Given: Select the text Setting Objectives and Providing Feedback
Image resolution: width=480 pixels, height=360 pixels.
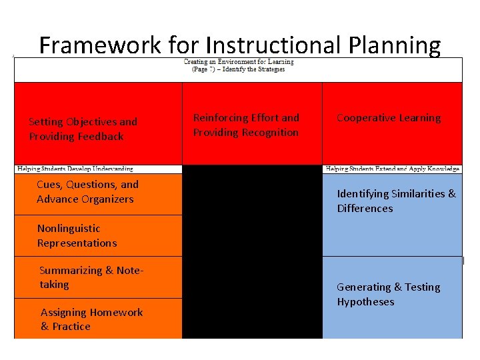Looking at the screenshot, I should pyautogui.click(x=83, y=129).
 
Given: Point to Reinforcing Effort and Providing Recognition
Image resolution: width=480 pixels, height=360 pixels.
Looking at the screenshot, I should pyautogui.click(x=246, y=125).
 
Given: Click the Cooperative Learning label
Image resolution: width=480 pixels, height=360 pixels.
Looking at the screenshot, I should pyautogui.click(x=389, y=118).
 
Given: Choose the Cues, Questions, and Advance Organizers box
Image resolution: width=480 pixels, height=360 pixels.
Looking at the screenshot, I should pyautogui.click(x=87, y=192).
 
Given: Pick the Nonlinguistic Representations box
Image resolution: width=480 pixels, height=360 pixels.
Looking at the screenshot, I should pyautogui.click(x=77, y=236).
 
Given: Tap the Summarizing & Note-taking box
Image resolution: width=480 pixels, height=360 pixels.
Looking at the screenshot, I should pyautogui.click(x=91, y=277).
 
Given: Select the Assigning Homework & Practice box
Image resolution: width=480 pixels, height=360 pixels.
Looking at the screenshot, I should pyautogui.click(x=91, y=319).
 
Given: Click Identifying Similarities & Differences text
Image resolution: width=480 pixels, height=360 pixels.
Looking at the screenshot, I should pyautogui.click(x=396, y=201).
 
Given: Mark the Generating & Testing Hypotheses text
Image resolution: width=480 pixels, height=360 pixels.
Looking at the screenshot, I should pyautogui.click(x=388, y=295).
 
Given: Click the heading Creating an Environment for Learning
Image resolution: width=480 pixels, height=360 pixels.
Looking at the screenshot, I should pyautogui.click(x=239, y=62).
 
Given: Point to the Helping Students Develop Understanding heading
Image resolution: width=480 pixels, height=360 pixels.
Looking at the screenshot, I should pyautogui.click(x=75, y=169).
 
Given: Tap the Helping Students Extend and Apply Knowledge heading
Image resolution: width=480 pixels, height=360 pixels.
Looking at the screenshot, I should pyautogui.click(x=393, y=169).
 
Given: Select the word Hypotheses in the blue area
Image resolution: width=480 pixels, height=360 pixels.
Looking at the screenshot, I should pyautogui.click(x=365, y=302).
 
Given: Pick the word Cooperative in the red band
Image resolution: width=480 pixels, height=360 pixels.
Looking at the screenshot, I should pyautogui.click(x=365, y=118).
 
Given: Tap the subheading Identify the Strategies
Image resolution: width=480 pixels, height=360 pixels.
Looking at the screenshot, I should pyautogui.click(x=253, y=69).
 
